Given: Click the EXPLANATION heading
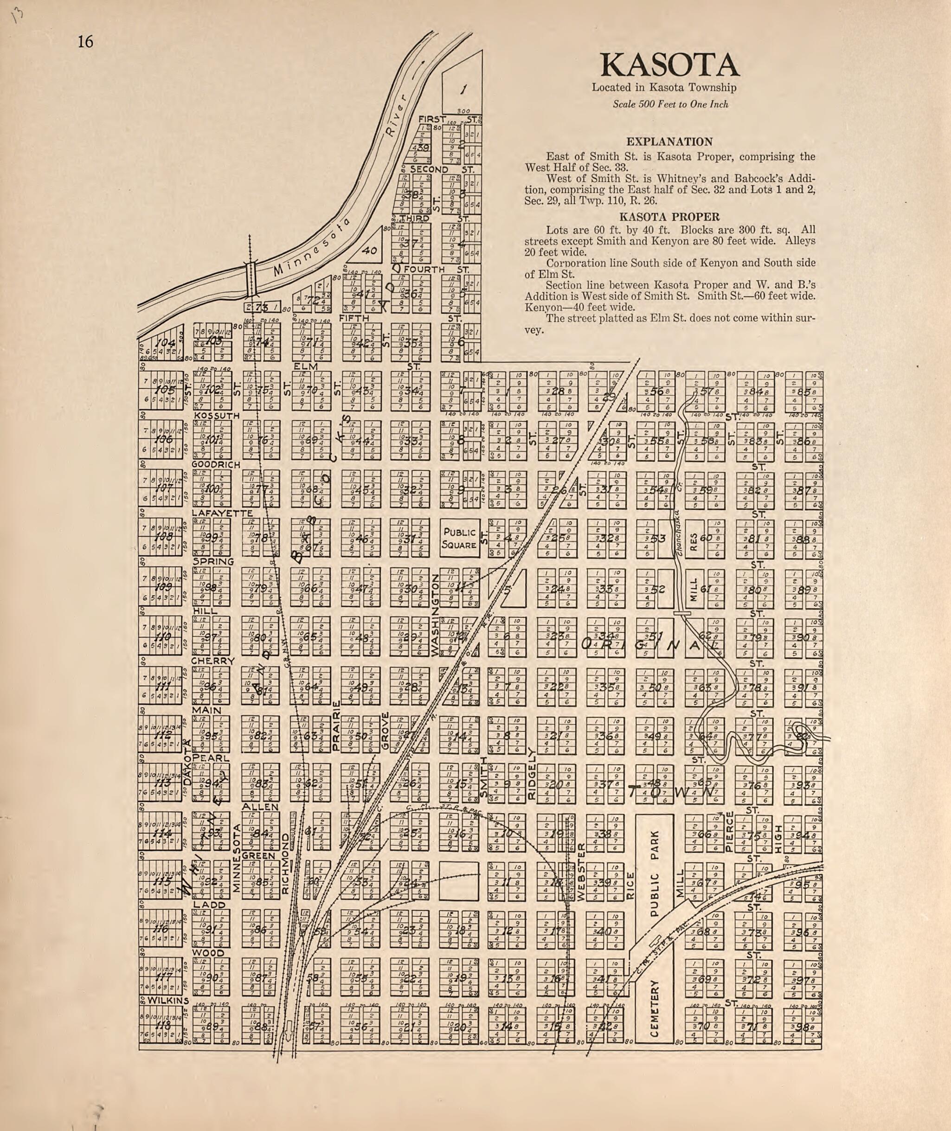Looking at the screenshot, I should click(x=669, y=142).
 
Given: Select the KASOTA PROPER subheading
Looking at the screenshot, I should click(x=669, y=217).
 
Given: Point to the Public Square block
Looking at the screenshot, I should click(x=459, y=538).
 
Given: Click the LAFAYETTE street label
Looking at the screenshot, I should click(x=222, y=513).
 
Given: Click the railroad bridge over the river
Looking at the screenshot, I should click(x=250, y=278).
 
